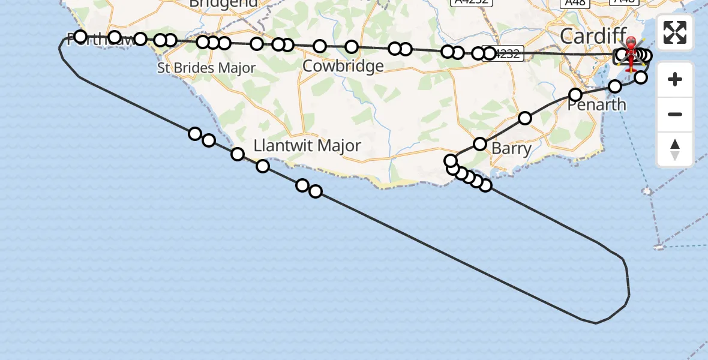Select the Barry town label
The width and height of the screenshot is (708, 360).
(x=511, y=148)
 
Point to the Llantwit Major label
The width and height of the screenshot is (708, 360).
(x=307, y=145)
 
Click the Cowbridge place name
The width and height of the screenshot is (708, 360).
(x=343, y=66)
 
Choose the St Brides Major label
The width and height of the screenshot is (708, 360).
(x=206, y=68)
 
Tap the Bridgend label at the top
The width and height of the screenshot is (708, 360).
(x=223, y=3)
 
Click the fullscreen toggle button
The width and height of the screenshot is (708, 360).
(x=675, y=32)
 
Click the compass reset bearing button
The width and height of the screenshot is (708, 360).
(x=675, y=149)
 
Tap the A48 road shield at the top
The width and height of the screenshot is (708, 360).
(x=574, y=2)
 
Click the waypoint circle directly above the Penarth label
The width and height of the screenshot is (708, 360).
(x=575, y=95)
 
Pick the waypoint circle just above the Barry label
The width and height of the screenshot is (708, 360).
(x=480, y=143)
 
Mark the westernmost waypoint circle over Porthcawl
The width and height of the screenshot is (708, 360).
(x=80, y=37)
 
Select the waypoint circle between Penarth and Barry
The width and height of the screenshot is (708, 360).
(x=525, y=118)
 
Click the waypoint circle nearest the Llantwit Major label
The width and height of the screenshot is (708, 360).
(x=263, y=166)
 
